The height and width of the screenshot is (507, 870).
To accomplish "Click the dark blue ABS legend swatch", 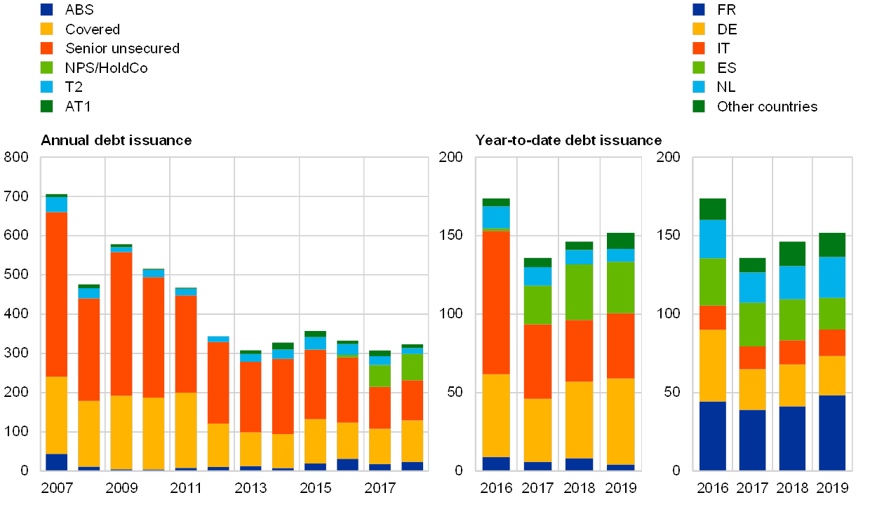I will point(47,10).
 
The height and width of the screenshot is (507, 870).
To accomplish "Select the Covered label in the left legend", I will point(91,29).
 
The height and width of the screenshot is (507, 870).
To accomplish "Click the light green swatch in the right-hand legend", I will point(699,68).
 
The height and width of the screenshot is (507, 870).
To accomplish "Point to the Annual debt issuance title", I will point(116,140).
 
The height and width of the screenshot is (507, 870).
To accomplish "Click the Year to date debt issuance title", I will point(568,140).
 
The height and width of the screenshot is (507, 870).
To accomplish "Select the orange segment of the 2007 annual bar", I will point(56,295).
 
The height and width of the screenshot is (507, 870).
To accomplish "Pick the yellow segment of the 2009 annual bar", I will point(121,432).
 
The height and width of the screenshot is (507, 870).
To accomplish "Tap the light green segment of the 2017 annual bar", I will point(380,376).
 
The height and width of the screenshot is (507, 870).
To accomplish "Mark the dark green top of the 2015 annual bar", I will point(315,334).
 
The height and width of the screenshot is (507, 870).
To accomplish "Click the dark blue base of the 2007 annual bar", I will point(56,461).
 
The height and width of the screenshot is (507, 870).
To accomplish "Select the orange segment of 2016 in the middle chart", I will point(496,302).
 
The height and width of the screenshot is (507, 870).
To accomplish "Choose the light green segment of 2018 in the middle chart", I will point(579,292).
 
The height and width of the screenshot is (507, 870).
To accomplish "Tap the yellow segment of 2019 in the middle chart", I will point(620,421).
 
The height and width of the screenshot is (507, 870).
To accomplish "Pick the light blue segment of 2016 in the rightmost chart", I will point(712,239).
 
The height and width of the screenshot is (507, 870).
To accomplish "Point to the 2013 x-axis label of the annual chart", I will point(250,487).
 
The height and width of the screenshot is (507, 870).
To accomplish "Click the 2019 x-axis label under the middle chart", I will point(620,487).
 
